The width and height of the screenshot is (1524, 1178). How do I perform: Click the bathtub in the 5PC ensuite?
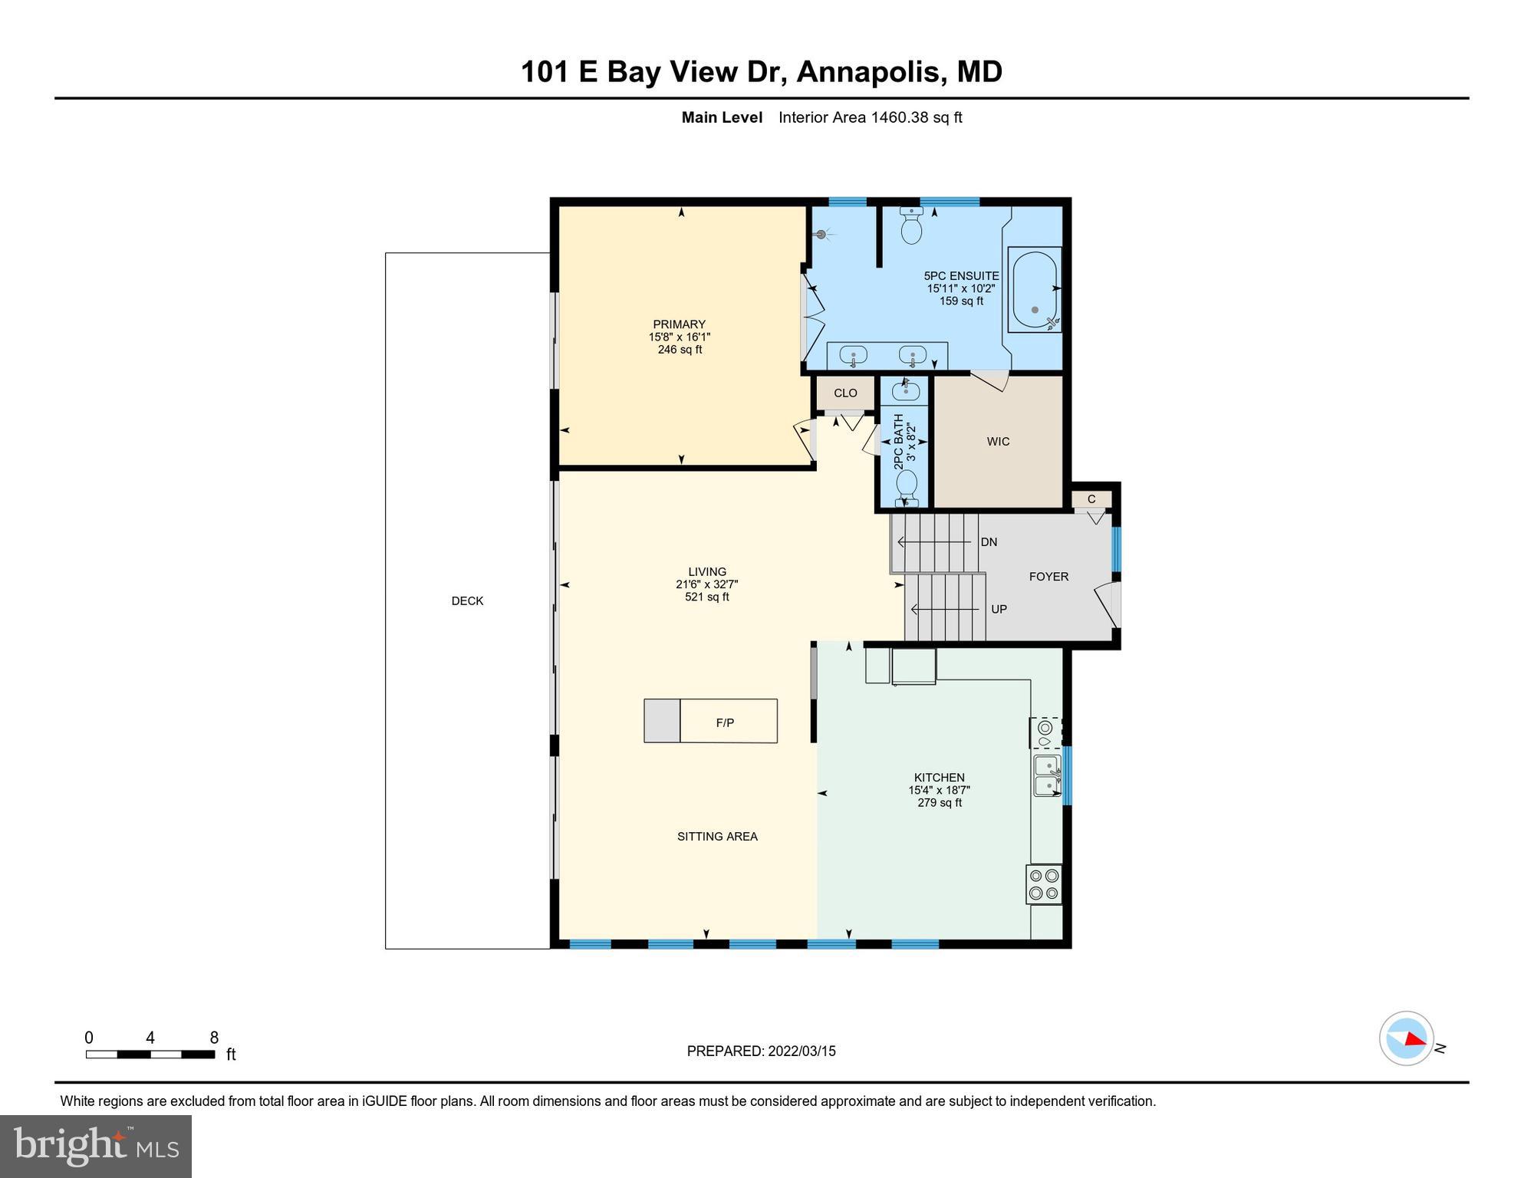[1034, 289]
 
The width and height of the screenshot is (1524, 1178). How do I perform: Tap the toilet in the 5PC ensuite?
[911, 225]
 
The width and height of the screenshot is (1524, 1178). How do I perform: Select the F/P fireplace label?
[725, 722]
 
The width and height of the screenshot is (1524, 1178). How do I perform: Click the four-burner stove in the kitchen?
[1044, 883]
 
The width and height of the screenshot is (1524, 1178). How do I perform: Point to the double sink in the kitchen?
[1047, 775]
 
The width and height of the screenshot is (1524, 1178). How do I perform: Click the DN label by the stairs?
[989, 542]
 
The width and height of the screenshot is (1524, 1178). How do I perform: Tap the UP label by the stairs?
[999, 609]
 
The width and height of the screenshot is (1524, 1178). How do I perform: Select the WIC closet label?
[998, 442]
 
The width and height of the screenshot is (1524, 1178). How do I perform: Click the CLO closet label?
[845, 393]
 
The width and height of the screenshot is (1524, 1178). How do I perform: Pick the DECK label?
[467, 601]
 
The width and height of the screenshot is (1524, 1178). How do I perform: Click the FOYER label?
[1048, 577]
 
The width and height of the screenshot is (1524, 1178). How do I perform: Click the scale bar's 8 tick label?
[214, 1038]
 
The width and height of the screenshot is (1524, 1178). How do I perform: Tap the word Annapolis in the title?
[867, 72]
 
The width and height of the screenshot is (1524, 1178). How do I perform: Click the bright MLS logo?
[96, 1146]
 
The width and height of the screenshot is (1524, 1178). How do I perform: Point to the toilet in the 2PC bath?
[907, 485]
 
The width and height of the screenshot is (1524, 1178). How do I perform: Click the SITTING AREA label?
[717, 837]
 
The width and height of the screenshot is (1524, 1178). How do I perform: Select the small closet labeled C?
[1091, 499]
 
